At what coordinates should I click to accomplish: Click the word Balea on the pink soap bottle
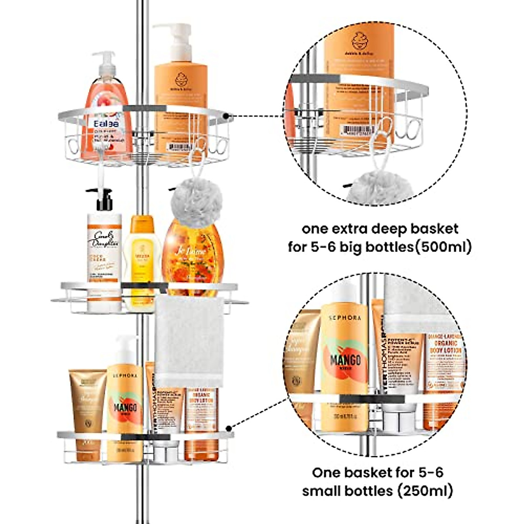pos(106,124)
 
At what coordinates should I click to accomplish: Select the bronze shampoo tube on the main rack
pos(87,408)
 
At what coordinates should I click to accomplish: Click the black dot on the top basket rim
pos(227,117)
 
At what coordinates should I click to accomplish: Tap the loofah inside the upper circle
pos(373,183)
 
